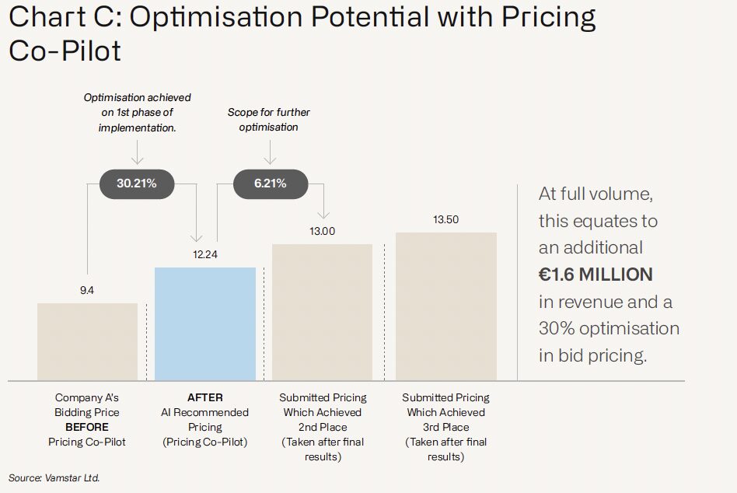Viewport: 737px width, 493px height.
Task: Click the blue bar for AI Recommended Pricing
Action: [x=205, y=323]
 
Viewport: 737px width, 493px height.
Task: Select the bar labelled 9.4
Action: [x=87, y=341]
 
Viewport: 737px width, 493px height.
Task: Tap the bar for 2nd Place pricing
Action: [x=322, y=312]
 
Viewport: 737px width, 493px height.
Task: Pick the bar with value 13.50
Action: [x=445, y=306]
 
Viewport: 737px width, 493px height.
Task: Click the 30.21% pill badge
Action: [x=137, y=184]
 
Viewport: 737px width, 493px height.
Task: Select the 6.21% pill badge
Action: [x=271, y=184]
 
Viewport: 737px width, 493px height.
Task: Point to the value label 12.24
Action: [x=205, y=254]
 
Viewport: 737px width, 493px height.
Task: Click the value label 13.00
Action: [x=322, y=231]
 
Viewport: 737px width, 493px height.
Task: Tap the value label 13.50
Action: [x=445, y=219]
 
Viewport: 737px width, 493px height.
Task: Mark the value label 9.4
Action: [x=87, y=290]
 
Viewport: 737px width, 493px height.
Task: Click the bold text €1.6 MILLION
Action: [x=596, y=274]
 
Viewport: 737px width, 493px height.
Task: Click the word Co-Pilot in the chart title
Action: [x=65, y=51]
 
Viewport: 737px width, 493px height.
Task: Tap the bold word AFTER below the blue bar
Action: [x=205, y=397]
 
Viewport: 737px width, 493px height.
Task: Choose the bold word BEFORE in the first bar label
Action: [x=87, y=427]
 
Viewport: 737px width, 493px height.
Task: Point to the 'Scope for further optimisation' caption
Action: [x=268, y=120]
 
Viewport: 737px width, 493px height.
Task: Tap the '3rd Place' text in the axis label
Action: [x=445, y=427]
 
